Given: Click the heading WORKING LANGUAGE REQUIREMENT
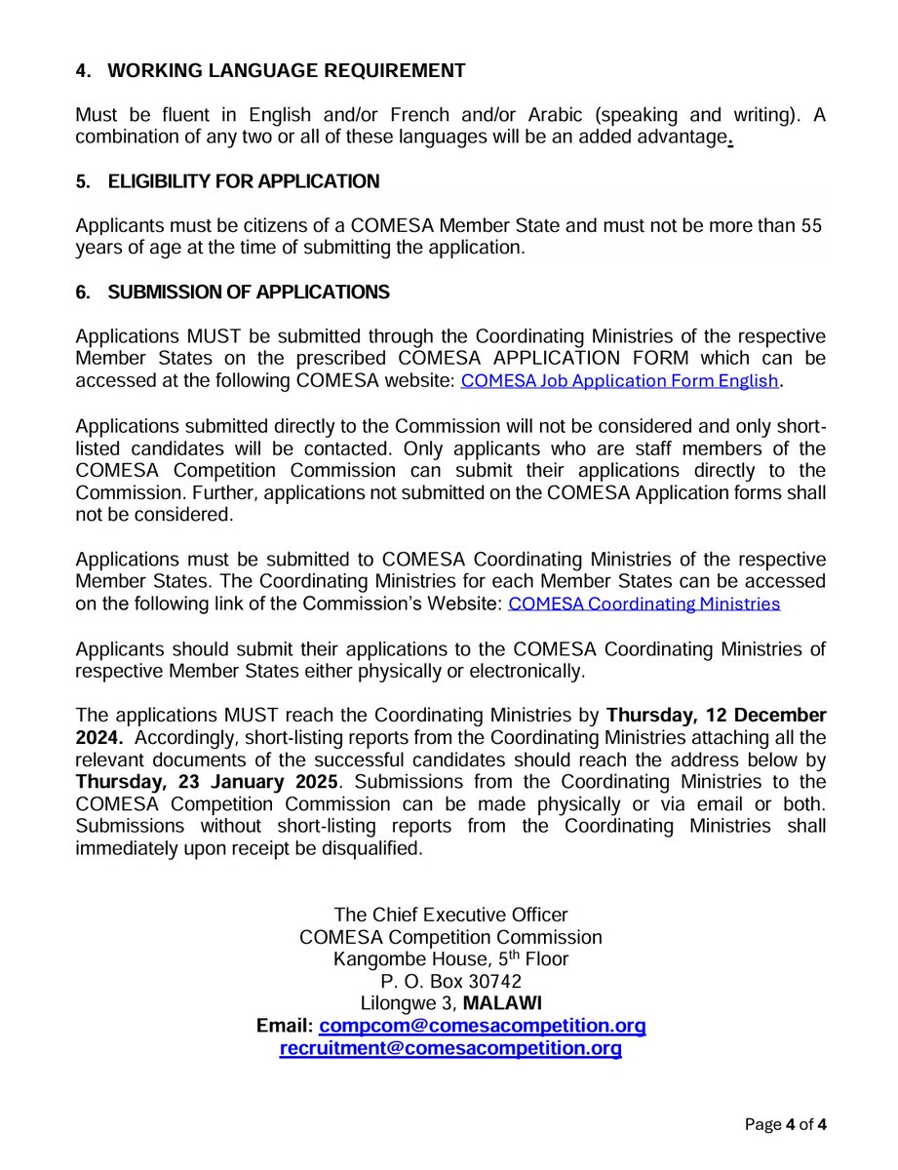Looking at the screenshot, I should click(286, 70).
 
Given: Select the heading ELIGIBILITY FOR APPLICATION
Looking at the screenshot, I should click(243, 181).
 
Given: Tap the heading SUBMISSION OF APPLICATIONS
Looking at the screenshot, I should click(248, 292).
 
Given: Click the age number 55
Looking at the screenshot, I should click(811, 226).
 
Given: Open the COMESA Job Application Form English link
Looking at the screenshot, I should click(620, 381).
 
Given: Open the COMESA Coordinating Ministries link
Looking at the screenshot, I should click(644, 604).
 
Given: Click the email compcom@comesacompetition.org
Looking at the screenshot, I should click(483, 1027).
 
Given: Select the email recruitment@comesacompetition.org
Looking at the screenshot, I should click(450, 1049).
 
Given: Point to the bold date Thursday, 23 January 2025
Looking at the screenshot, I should click(207, 782).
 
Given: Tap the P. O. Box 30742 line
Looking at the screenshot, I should click(450, 981).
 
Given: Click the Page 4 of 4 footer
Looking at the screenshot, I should click(785, 1125).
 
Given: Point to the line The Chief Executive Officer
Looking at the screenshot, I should click(450, 915).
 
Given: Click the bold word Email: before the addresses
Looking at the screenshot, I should click(284, 1027).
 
